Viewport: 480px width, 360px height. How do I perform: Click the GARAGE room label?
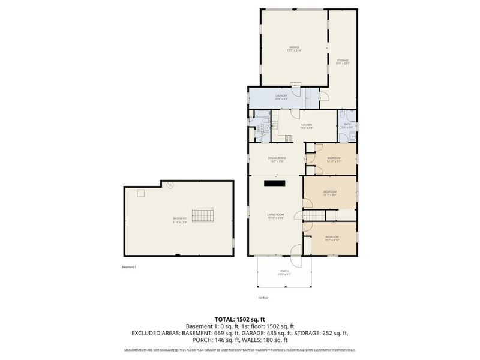tap(294, 48)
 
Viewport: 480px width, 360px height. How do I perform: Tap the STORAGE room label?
tap(342, 61)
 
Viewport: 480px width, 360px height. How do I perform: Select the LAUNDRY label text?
tap(281, 97)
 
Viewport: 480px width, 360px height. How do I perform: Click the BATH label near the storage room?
tap(347, 126)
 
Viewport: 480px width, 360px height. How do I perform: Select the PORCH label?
tap(284, 272)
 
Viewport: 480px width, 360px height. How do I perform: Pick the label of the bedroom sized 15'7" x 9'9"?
tap(330, 193)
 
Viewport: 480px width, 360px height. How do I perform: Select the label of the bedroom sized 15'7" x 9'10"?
tap(332, 238)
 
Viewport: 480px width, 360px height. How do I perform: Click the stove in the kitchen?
tap(288, 138)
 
